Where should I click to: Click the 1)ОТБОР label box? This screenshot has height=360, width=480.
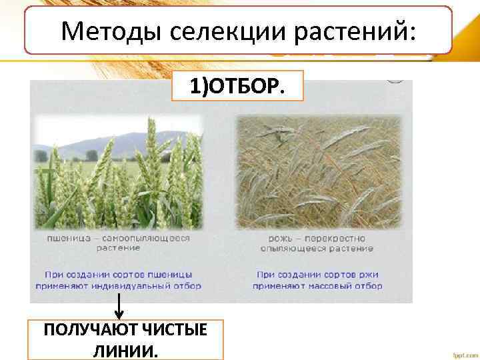(x=237, y=85)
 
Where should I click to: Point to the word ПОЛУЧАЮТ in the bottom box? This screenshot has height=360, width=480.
(x=85, y=329)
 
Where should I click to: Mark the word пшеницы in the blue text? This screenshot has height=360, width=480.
(x=171, y=273)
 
